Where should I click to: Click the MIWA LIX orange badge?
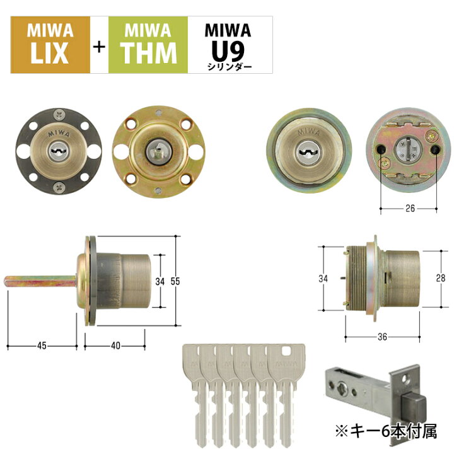[50, 45]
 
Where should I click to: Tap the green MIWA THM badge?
[148, 45]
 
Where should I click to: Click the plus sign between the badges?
[99, 47]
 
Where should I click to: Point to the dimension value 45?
[42, 346]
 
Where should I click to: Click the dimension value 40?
[115, 346]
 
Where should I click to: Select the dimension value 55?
[175, 281]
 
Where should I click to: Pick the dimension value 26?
[410, 208]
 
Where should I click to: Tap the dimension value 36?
[382, 337]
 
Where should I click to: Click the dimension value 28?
[441, 278]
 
